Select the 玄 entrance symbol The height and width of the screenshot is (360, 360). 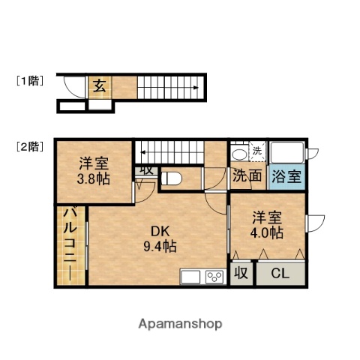[99, 85]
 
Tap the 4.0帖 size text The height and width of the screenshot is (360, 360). [267, 232]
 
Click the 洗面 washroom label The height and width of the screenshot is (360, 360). [247, 177]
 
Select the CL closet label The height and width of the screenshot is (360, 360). [280, 274]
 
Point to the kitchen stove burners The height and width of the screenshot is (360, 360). [214, 277]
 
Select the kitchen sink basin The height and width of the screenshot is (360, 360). [190, 277]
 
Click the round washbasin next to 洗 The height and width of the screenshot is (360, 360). [239, 154]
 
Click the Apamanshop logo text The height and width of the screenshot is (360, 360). [181, 324]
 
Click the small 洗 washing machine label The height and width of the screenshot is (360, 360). [257, 151]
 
